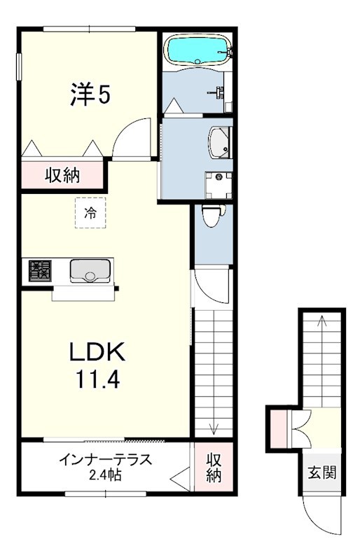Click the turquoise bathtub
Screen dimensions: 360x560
(198, 50)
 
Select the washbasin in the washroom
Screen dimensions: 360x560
(220, 143)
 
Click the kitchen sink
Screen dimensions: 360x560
(90, 270)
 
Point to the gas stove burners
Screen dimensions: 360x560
(40, 270)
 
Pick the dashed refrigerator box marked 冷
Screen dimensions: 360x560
(90, 213)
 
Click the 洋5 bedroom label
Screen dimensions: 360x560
(90, 94)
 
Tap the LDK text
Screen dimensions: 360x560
(97, 351)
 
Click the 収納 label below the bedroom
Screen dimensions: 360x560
(62, 176)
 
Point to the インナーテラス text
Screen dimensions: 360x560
(106, 460)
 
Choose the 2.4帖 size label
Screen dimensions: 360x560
(105, 475)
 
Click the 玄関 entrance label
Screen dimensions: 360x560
(322, 472)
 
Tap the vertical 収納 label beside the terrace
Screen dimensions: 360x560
(214, 468)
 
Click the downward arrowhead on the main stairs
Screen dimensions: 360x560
(214, 429)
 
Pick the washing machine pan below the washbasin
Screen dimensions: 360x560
(219, 185)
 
